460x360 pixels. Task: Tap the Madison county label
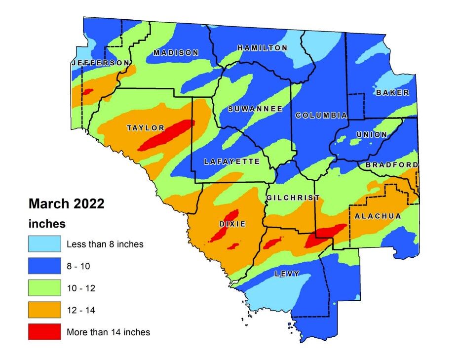176,53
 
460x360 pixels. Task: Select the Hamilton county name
262,48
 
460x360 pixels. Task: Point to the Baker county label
392,92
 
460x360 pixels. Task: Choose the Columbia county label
321,115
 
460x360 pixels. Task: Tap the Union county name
371,134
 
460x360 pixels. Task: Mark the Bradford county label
392,164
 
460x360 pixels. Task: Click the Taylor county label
146,128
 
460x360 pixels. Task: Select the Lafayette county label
232,161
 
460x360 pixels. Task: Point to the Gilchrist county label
293,198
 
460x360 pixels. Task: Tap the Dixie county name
232,224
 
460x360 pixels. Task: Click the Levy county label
287,274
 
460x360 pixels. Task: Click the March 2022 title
67,203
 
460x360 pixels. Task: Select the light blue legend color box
44,243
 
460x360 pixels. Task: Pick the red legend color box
44,332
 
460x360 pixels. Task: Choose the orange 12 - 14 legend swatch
44,310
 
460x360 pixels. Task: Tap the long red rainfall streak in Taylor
166,135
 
